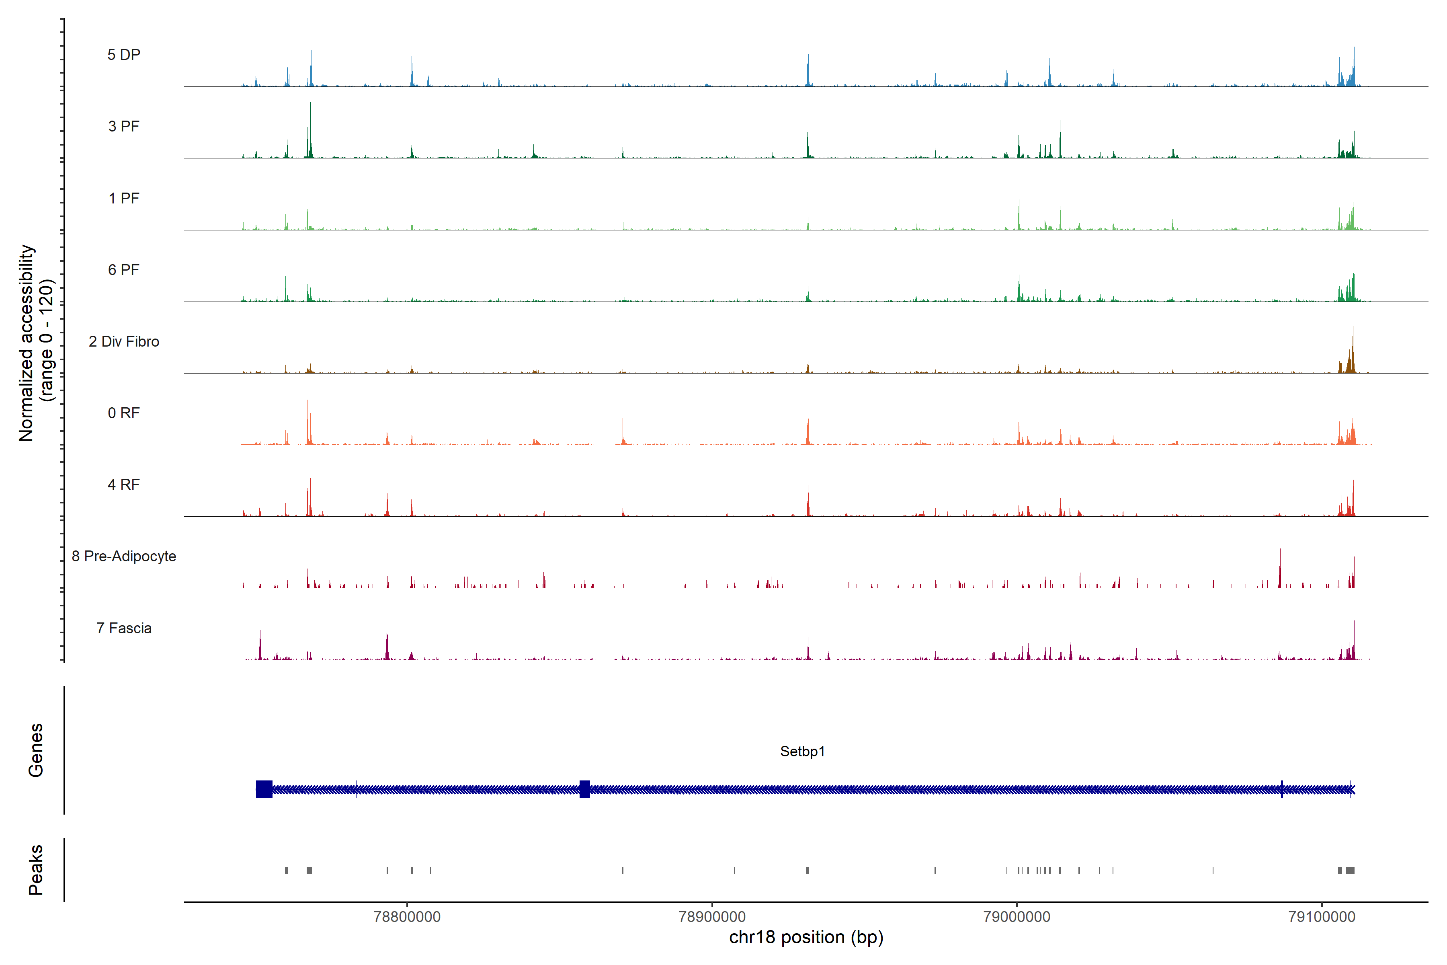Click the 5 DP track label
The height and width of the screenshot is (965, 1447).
[124, 55]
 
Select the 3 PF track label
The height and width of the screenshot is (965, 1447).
[124, 126]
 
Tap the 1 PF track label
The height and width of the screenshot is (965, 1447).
[124, 198]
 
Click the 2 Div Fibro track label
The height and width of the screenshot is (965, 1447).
[124, 341]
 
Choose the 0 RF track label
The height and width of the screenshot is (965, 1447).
[124, 413]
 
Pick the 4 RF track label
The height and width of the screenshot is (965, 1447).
[124, 485]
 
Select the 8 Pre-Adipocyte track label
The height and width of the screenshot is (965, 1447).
[124, 556]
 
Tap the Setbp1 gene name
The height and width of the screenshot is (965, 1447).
[802, 751]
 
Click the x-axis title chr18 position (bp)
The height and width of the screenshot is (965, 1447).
[806, 937]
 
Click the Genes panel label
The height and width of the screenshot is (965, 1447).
[36, 750]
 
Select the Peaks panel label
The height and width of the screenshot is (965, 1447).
[36, 870]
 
